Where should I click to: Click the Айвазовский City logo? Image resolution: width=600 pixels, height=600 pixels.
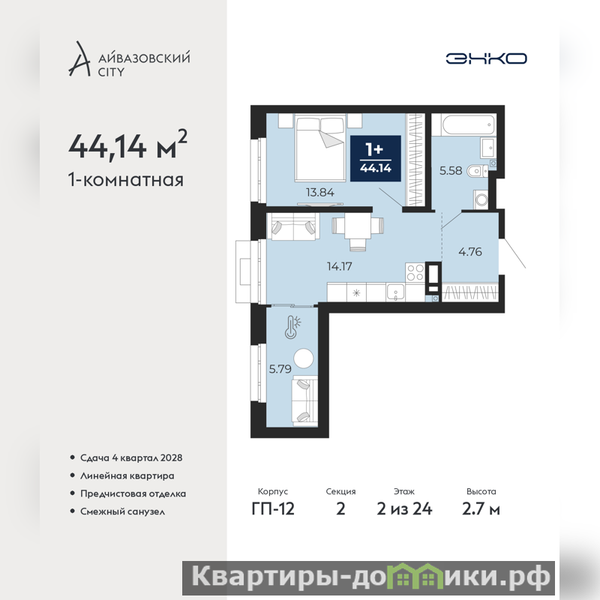point(129,58)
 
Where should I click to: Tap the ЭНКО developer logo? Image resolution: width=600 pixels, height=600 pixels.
point(486,58)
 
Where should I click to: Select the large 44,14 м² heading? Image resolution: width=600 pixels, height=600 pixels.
point(127,145)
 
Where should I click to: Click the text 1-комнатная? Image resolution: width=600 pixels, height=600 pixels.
point(126,180)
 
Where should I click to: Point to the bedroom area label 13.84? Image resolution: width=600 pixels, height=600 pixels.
point(320,192)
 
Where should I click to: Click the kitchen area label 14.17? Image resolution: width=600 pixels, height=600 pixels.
point(340,266)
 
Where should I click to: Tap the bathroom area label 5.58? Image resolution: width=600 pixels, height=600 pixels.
point(451,170)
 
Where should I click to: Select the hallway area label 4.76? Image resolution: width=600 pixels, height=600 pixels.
point(470,252)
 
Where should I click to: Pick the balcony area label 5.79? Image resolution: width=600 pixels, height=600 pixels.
point(280,369)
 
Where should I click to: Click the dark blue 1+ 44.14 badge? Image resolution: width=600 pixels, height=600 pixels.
point(376,158)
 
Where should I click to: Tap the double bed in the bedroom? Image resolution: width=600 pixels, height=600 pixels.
point(320,148)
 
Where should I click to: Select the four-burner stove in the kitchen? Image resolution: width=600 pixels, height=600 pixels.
point(415,272)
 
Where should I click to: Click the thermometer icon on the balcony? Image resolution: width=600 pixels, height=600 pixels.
point(292,327)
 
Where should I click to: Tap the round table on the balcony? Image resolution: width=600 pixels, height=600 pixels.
point(304,358)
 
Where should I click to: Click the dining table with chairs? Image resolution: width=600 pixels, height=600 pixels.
point(358,232)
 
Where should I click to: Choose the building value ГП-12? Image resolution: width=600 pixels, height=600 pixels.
point(273,509)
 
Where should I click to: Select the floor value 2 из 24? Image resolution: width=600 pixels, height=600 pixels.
point(404,509)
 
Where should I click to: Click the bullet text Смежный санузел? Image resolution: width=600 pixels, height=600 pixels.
point(122,511)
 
